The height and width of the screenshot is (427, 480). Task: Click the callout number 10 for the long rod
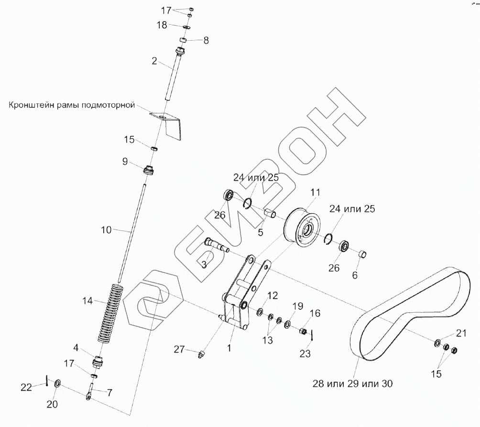106,230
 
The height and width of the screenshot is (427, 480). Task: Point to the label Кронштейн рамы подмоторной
72,105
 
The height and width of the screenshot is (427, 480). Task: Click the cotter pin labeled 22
47,381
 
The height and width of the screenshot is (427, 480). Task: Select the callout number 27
179,350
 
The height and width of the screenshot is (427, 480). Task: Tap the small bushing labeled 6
363,253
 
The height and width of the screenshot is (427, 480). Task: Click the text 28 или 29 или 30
353,383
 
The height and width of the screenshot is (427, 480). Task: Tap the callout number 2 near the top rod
154,61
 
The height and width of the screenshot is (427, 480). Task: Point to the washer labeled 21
437,343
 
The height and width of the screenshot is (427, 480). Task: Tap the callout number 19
297,306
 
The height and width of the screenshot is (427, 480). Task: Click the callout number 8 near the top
206,41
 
